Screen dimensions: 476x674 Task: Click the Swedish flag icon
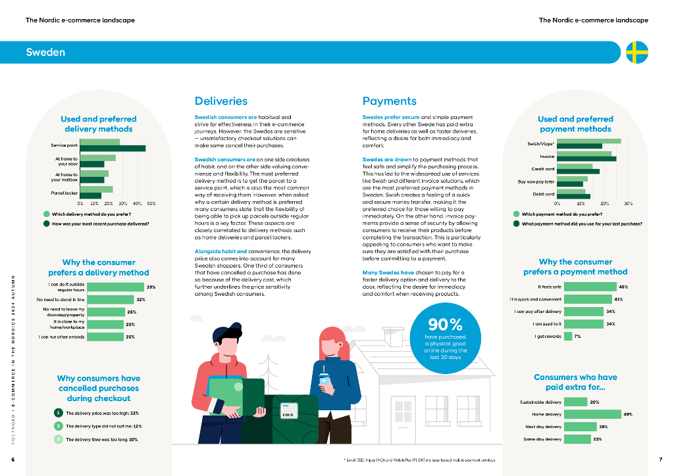[x=636, y=52]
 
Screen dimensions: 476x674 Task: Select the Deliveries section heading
[x=221, y=101]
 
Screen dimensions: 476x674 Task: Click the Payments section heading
[x=390, y=101]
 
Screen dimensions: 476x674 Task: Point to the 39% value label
[x=151, y=287]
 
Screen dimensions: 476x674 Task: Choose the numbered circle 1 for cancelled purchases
[x=59, y=413]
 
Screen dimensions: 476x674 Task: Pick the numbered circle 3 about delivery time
[x=59, y=439]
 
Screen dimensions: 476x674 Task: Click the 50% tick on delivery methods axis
[x=151, y=204]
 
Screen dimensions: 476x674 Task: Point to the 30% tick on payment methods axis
[x=629, y=204]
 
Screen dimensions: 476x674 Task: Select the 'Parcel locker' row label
[x=64, y=193]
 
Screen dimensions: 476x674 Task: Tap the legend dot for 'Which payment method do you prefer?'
[x=516, y=214]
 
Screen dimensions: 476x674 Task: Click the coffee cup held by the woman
[x=324, y=379]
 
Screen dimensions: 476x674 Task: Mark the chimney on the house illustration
[x=393, y=337]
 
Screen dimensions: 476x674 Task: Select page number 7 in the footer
[x=660, y=459]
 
